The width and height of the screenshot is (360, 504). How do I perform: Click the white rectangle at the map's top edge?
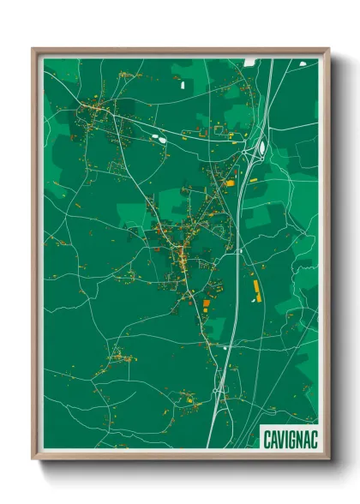pos(249,62)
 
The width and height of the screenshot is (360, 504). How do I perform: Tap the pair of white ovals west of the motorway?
pos(158,135)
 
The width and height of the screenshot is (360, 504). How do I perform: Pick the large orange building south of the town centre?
pos(204,303)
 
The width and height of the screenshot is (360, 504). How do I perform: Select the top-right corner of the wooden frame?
pos(328,50)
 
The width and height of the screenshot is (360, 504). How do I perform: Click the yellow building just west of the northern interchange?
pos(229,181)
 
